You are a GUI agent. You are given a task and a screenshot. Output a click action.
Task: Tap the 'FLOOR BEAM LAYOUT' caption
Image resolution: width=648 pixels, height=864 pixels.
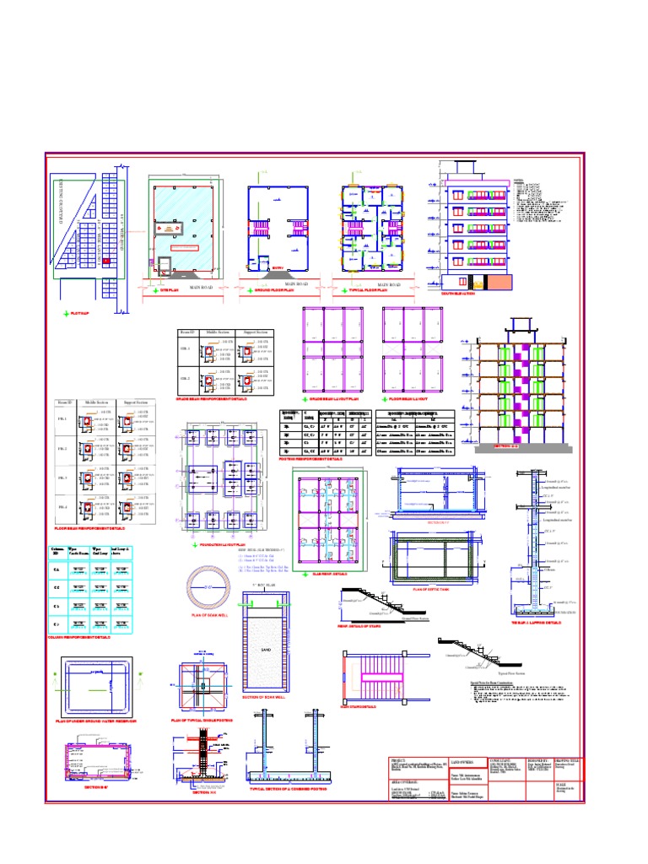pyautogui.click(x=411, y=397)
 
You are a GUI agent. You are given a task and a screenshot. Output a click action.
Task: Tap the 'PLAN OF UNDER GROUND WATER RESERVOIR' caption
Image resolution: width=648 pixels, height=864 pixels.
pyautogui.click(x=96, y=721)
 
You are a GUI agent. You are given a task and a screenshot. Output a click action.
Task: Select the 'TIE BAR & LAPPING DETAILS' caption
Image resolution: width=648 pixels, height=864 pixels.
pyautogui.click(x=536, y=623)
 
